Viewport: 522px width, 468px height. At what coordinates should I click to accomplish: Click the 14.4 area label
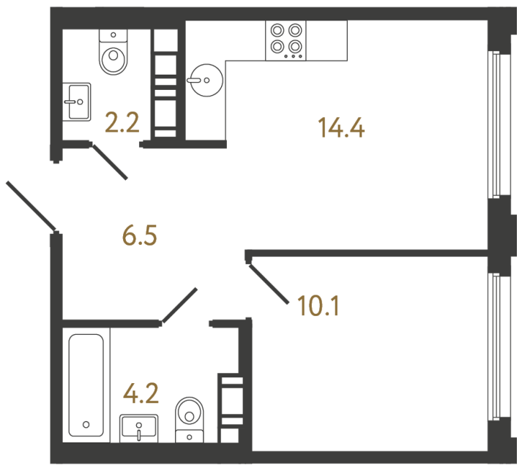(341, 128)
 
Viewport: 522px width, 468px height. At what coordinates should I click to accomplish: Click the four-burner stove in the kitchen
(286, 39)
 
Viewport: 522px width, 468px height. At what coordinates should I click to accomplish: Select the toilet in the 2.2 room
(113, 53)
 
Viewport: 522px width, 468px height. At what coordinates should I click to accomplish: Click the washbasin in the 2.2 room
(76, 102)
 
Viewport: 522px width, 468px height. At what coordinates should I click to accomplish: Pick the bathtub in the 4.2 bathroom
(86, 383)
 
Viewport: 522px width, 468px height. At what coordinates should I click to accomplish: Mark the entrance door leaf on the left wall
(31, 205)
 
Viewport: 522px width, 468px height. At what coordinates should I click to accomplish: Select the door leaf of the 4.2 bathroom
(179, 305)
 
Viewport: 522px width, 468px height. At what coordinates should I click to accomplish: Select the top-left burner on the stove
(277, 31)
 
